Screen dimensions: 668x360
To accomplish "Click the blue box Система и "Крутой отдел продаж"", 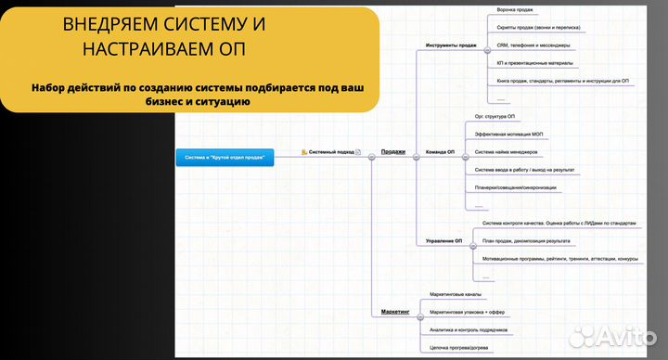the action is pos(225,158).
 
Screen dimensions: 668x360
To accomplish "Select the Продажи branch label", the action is pos(393,151).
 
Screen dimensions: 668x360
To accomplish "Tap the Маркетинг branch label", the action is pos(395,312).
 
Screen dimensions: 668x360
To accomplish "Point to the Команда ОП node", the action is pos(440,151).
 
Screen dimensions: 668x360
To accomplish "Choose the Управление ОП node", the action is pos(444,241).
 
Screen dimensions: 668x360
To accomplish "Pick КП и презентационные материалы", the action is pos(534,63).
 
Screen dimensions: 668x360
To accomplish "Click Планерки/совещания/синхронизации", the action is pos(515,187).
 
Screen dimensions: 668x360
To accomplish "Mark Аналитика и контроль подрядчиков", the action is pos(468,330).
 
